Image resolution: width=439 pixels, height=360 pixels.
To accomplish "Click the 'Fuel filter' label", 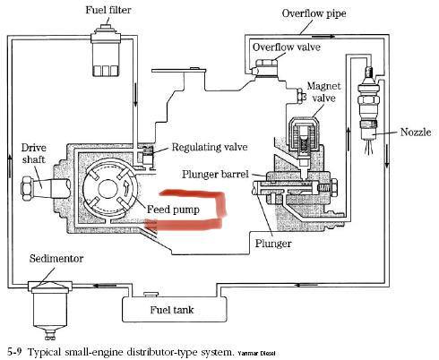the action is (108, 10).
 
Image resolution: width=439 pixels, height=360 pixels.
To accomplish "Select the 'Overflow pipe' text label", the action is (314, 13).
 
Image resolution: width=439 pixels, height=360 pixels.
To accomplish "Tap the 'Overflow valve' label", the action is (286, 47).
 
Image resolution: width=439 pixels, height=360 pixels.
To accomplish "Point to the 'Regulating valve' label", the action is (210, 147).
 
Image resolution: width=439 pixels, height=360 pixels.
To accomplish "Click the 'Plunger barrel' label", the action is (215, 174).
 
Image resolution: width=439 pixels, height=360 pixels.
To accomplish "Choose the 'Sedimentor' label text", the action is (56, 258).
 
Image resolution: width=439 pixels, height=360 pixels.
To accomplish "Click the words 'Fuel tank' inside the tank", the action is (172, 310).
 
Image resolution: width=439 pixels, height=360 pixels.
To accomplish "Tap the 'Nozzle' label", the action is (416, 132).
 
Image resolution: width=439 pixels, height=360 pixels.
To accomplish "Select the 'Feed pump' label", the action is (173, 210).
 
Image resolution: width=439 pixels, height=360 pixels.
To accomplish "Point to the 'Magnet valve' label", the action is (323, 92).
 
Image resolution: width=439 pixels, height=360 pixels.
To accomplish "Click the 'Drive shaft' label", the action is (34, 153).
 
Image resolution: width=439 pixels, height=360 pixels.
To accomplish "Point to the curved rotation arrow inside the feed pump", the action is (127, 188).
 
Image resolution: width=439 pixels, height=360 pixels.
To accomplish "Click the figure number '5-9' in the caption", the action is (14, 351).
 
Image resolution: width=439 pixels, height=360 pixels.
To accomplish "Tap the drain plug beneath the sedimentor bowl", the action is (49, 335).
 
